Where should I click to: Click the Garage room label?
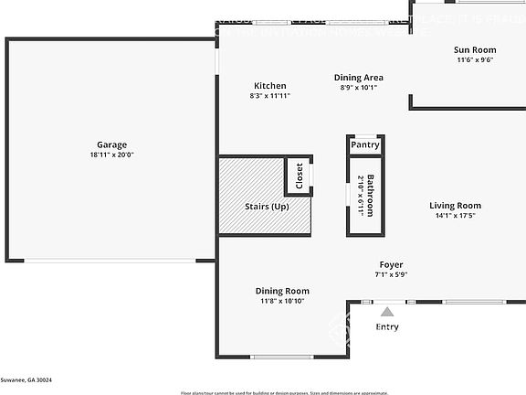coord(111,144)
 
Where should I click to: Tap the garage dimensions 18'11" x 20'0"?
coord(111,155)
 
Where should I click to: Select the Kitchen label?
coord(269,86)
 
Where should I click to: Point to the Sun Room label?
coord(475,49)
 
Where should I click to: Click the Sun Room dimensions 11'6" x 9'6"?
coord(475,60)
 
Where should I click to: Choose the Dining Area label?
coord(358,78)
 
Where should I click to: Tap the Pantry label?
coord(365,144)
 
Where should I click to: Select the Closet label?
coord(299,176)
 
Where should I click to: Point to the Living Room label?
coord(455,206)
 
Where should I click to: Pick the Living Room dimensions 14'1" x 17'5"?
coord(455,217)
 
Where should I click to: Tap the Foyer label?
coord(391,264)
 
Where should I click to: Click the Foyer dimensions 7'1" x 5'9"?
coord(391,274)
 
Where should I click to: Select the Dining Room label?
coord(282,291)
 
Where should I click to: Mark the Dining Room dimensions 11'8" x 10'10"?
coord(282,302)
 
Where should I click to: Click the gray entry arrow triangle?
coord(387,313)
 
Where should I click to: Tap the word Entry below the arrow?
coord(387,327)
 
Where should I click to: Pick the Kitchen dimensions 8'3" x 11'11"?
coord(269,96)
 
